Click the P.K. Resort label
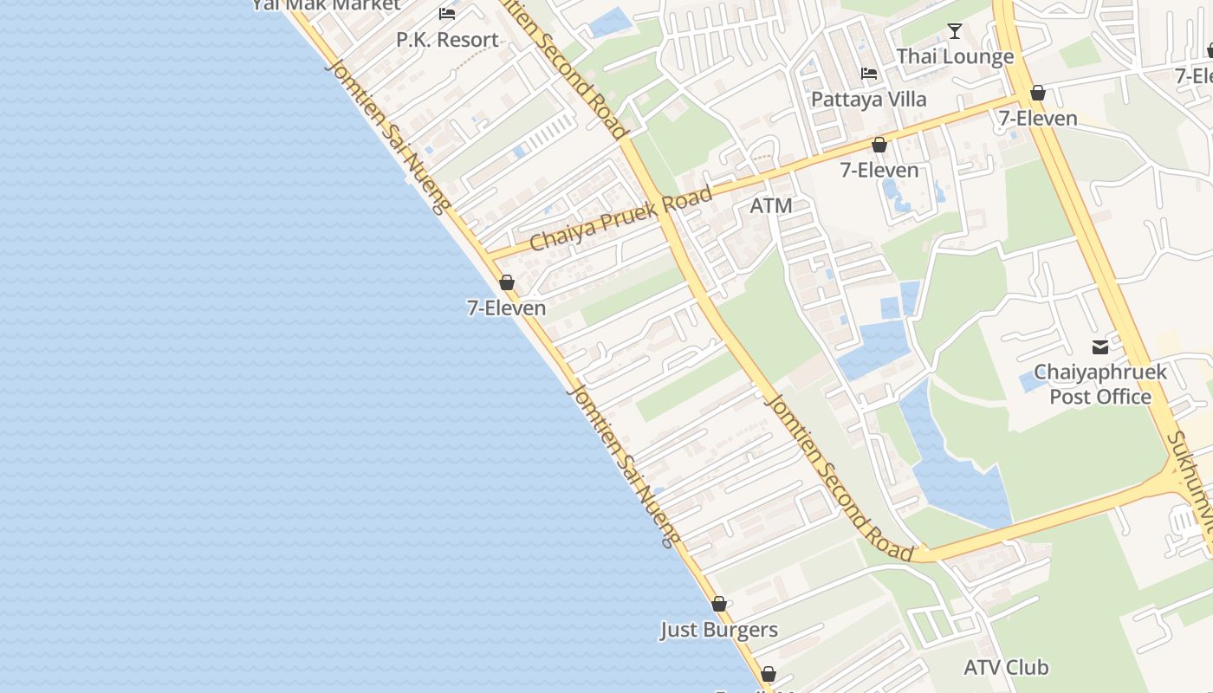[x=447, y=40]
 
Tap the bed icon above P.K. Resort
[x=447, y=13]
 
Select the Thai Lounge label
[x=955, y=57]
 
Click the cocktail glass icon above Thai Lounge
[x=955, y=31]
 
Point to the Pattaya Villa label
[x=868, y=100]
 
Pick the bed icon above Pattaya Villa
[x=869, y=74]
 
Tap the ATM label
[x=771, y=206]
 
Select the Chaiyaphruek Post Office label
[x=1100, y=385]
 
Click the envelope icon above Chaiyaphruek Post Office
[x=1100, y=347]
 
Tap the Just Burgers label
[x=719, y=630]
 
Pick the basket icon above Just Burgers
[x=718, y=604]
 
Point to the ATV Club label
[x=1006, y=667]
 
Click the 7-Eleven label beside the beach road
[x=507, y=308]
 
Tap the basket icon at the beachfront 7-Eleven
[x=507, y=282]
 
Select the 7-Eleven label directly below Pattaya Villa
[x=879, y=171]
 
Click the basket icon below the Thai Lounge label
[x=1037, y=93]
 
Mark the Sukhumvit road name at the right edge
[x=1191, y=481]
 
